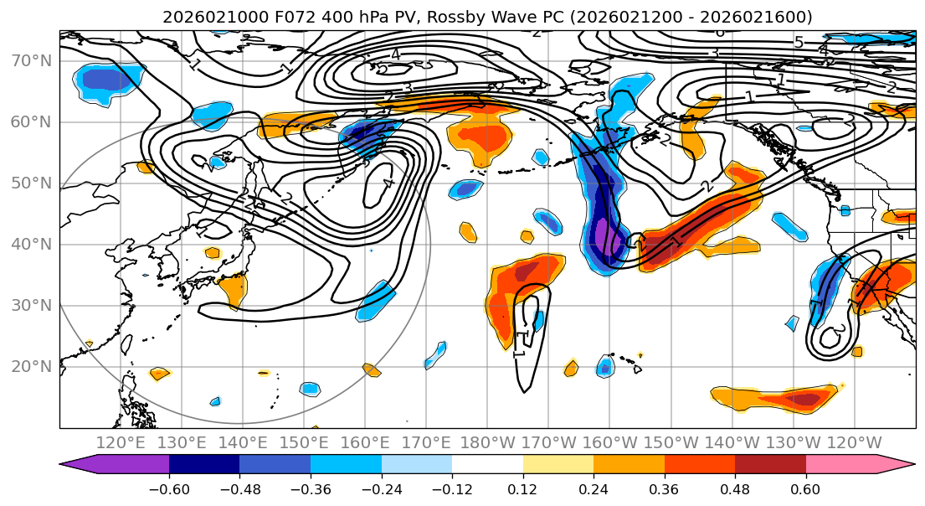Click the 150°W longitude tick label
click(x=671, y=442)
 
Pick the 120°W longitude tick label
click(x=854, y=442)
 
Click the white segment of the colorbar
click(x=487, y=464)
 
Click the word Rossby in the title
click(x=414, y=17)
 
